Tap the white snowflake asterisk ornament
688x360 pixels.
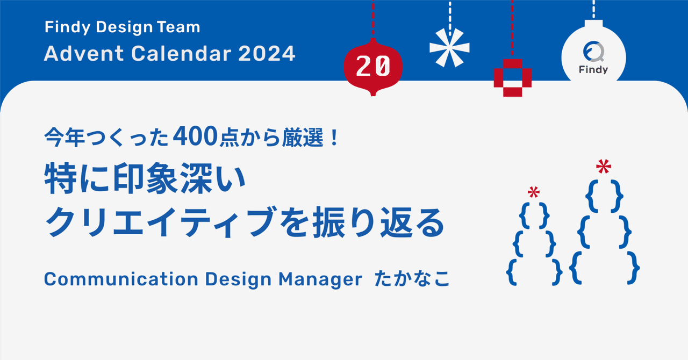pyautogui.click(x=450, y=48)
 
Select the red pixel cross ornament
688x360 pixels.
pyautogui.click(x=513, y=78)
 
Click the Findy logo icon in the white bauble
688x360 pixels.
pyautogui.click(x=594, y=52)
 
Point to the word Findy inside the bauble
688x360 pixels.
pyautogui.click(x=593, y=70)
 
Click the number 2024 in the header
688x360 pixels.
pyautogui.click(x=267, y=53)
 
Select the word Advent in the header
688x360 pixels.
pyautogui.click(x=84, y=53)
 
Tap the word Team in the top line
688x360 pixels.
pyautogui.click(x=178, y=27)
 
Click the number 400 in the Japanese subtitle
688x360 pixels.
pyautogui.click(x=195, y=136)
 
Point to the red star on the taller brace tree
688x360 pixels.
pyautogui.click(x=604, y=167)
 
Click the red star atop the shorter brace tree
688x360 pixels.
pyautogui.click(x=534, y=192)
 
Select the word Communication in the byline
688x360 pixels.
pyautogui.click(x=121, y=279)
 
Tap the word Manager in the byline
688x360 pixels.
pyautogui.click(x=320, y=279)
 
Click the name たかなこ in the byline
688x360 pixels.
pyautogui.click(x=412, y=279)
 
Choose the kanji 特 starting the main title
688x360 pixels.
pyautogui.click(x=61, y=178)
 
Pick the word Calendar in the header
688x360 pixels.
pyautogui.click(x=181, y=53)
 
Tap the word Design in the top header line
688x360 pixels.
pyautogui.click(x=124, y=27)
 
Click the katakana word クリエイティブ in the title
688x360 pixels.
pyautogui.click(x=160, y=222)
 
